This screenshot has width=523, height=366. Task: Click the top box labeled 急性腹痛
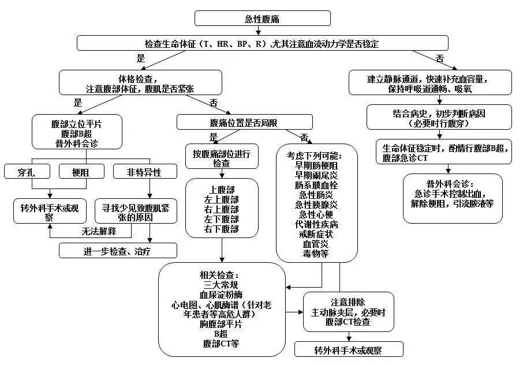pyautogui.click(x=262, y=18)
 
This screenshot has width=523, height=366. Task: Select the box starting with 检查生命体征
pyautogui.click(x=262, y=43)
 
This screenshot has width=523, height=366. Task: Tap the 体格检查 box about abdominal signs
pyautogui.click(x=140, y=82)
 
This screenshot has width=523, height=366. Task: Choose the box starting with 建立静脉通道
pyautogui.click(x=439, y=82)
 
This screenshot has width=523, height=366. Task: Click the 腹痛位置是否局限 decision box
pyautogui.click(x=244, y=122)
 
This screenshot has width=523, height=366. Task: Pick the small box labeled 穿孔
pyautogui.click(x=29, y=171)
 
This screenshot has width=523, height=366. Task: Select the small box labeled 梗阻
pyautogui.click(x=81, y=171)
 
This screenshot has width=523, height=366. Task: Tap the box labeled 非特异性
pyautogui.click(x=144, y=171)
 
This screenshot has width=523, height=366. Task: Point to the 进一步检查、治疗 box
pyautogui.click(x=118, y=250)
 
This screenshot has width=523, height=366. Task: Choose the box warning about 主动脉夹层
pyautogui.click(x=348, y=312)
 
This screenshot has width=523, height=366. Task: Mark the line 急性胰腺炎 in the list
pyautogui.click(x=316, y=205)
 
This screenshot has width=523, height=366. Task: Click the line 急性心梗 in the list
pyautogui.click(x=316, y=214)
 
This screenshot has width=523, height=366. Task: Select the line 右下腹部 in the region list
pyautogui.click(x=222, y=229)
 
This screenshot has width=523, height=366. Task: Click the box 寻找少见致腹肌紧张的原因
pyautogui.click(x=136, y=210)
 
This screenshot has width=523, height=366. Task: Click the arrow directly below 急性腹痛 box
pyautogui.click(x=262, y=31)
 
